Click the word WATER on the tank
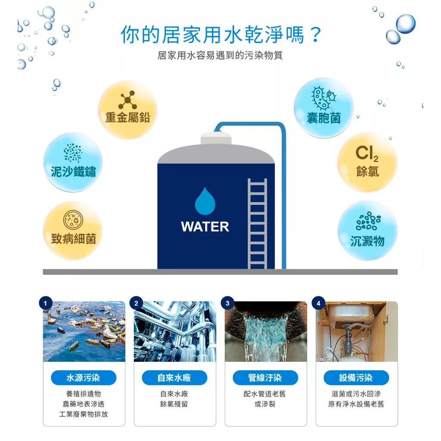(205, 227)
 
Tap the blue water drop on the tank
(205, 201)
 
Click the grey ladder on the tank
(258, 224)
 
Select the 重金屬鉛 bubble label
(127, 117)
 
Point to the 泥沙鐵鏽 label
(73, 171)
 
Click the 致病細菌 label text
(73, 239)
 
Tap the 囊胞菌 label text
(324, 118)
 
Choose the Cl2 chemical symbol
(367, 154)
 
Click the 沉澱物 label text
(367, 241)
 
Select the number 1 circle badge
(46, 303)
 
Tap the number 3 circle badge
(227, 303)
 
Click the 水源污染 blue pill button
(84, 378)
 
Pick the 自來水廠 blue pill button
(174, 378)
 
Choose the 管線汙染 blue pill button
(265, 378)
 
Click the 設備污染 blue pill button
(356, 378)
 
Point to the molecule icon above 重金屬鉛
(127, 100)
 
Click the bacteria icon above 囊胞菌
(324, 98)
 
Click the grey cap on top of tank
(216, 138)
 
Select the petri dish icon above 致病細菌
(73, 220)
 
